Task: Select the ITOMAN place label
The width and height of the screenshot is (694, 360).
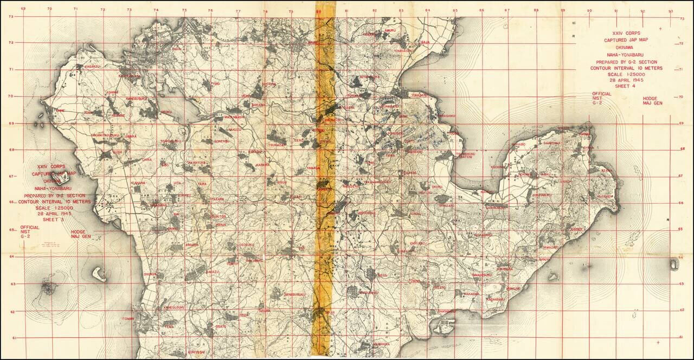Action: click(x=128, y=319)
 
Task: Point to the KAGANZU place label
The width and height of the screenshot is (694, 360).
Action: click(x=92, y=66)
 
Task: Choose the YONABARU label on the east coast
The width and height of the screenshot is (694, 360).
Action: click(x=419, y=95)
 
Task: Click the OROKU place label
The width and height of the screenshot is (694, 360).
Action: click(x=166, y=112)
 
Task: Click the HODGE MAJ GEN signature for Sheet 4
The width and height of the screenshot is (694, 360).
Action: click(x=652, y=101)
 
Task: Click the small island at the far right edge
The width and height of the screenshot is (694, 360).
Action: click(x=674, y=264)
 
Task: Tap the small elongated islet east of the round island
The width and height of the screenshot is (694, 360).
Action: click(x=98, y=273)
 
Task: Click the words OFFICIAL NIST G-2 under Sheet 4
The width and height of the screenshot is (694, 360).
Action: click(x=601, y=98)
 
